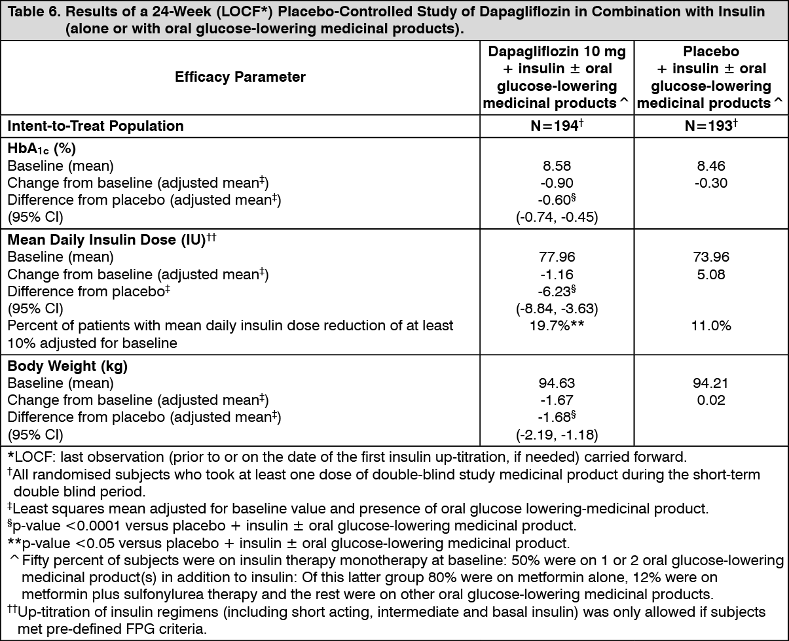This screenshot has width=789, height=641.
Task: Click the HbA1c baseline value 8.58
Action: pyautogui.click(x=557, y=167)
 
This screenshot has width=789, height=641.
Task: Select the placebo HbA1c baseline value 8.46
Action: pyautogui.click(x=712, y=167)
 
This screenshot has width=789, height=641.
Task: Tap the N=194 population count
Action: pyautogui.click(x=557, y=126)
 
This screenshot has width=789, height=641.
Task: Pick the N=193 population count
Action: pyautogui.click(x=712, y=126)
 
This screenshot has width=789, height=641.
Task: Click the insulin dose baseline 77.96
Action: pyautogui.click(x=557, y=257)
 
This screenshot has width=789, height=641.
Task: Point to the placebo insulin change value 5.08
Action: pyautogui.click(x=712, y=274)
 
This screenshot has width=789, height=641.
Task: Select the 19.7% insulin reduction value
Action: pyautogui.click(x=557, y=325)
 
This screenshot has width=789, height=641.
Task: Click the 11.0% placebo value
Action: pyautogui.click(x=712, y=325)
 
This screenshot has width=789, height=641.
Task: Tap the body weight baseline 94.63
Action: pyautogui.click(x=557, y=383)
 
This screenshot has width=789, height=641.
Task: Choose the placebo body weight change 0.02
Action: pyautogui.click(x=712, y=400)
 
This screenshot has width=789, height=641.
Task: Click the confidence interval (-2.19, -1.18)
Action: pyautogui.click(x=557, y=434)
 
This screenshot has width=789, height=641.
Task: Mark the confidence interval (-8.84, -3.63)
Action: pyautogui.click(x=557, y=308)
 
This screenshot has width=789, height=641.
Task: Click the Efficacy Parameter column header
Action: pyautogui.click(x=240, y=77)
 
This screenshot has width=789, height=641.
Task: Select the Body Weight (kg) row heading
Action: pyautogui.click(x=67, y=366)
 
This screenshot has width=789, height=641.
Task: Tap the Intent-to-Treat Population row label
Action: pyautogui.click(x=96, y=126)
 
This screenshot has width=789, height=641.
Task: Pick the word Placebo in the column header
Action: pyautogui.click(x=712, y=52)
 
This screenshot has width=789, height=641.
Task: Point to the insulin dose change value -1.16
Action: pyautogui.click(x=557, y=274)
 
